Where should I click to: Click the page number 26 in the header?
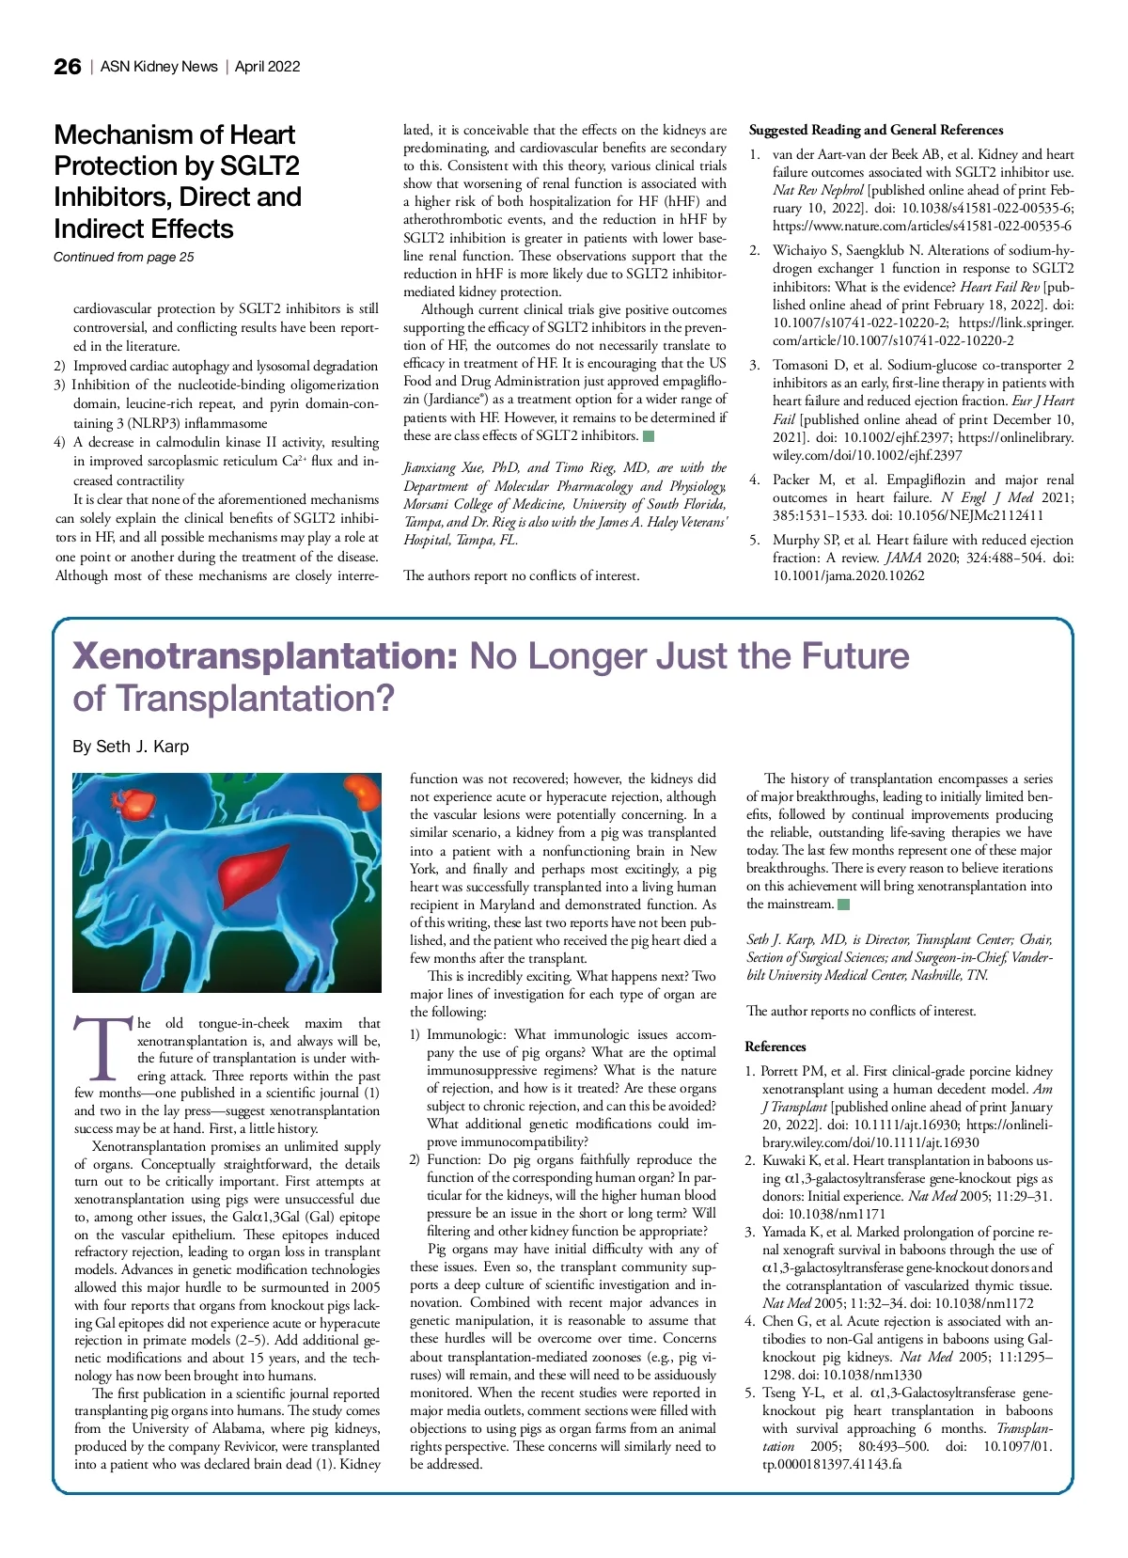[68, 67]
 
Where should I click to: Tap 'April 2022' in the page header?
[268, 67]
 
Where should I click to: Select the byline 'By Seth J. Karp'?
[131, 747]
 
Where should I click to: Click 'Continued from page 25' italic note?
[123, 257]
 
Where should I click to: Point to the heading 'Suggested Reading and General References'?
[875, 130]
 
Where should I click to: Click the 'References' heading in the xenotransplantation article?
[775, 1047]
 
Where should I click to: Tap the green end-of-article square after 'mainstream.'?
[843, 905]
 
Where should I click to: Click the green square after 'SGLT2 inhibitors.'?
[648, 435]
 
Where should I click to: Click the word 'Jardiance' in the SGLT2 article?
[441, 400]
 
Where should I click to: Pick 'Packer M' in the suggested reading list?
[804, 480]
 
